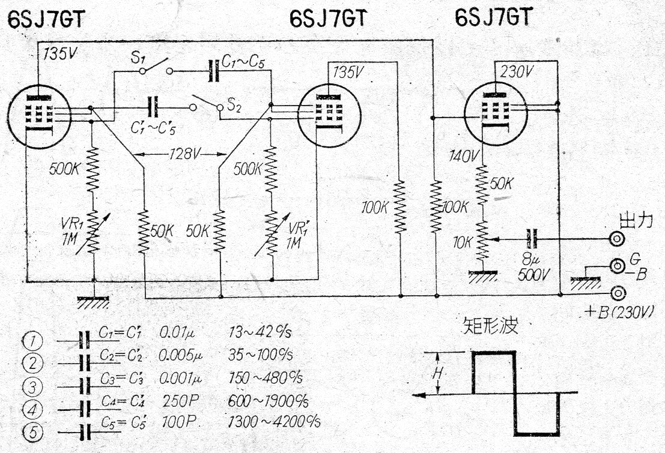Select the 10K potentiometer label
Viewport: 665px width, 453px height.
pyautogui.click(x=464, y=242)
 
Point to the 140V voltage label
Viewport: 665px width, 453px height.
pyautogui.click(x=464, y=157)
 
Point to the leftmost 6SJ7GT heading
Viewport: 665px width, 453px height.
pyautogui.click(x=46, y=19)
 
